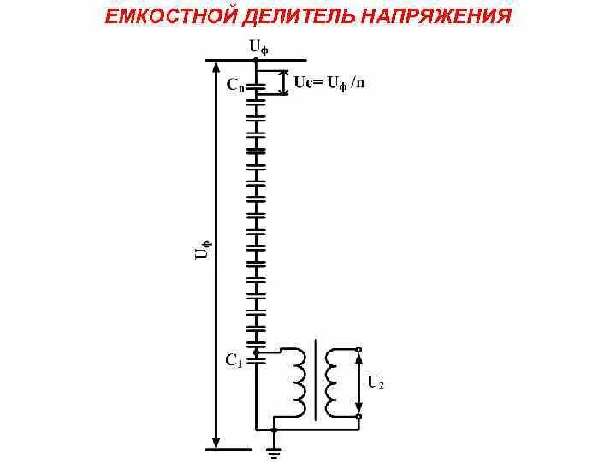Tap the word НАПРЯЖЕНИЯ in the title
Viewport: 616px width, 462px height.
436,16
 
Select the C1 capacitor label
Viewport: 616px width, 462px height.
234,361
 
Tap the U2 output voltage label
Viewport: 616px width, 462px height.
375,382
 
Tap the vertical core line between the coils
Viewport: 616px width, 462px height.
317,381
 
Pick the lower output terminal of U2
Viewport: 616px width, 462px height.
359,417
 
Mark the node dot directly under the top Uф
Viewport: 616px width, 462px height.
256,60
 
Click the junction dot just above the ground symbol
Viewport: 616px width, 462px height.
274,428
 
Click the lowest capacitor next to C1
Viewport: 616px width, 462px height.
256,344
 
